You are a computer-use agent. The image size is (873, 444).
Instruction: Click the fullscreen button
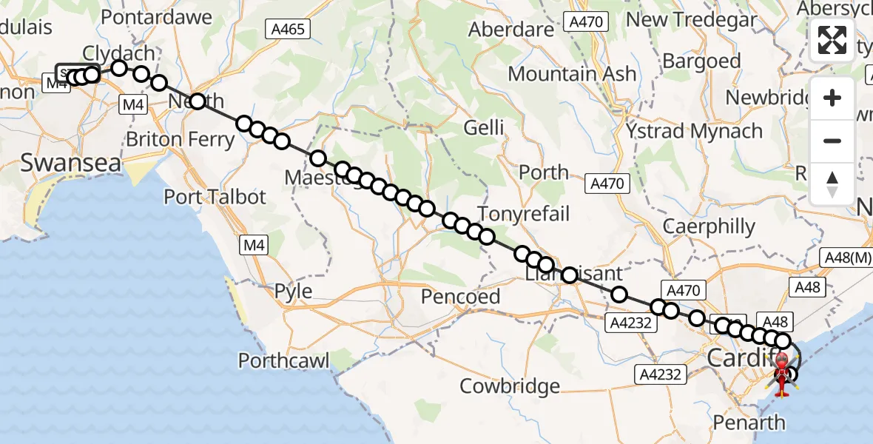click(x=832, y=41)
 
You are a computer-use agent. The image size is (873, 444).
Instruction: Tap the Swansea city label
click(x=70, y=164)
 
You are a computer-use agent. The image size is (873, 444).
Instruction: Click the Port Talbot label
click(x=215, y=197)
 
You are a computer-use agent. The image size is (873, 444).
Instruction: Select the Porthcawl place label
click(x=284, y=360)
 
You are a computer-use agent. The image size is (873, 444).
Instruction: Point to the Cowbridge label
click(x=510, y=386)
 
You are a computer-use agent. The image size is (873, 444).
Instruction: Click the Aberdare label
click(x=511, y=30)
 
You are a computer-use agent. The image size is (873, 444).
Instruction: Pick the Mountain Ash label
click(x=572, y=74)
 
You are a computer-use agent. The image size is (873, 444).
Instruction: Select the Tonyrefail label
click(x=524, y=214)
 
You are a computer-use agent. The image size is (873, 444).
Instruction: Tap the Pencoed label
click(x=460, y=297)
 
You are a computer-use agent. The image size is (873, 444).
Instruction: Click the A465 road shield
click(x=288, y=29)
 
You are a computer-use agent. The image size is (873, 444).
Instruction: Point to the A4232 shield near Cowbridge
click(x=660, y=374)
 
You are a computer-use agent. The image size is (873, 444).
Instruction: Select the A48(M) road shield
click(x=846, y=258)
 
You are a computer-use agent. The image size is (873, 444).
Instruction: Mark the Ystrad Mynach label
click(x=694, y=132)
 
